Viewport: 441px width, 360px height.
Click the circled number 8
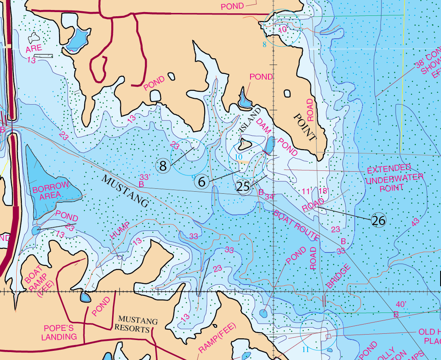coord(163,166)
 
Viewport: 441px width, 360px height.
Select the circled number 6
coord(202,181)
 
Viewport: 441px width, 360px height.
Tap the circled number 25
coord(243,187)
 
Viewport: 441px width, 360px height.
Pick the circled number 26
coord(378,220)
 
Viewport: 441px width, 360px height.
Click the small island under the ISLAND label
coord(244,145)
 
